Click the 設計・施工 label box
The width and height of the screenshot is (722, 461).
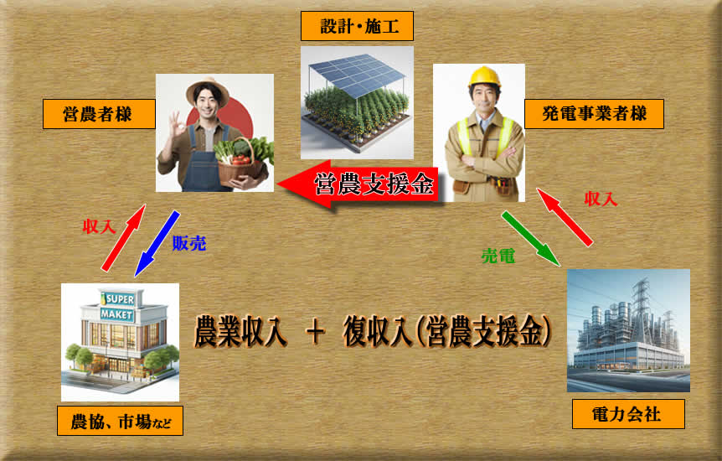(357, 26)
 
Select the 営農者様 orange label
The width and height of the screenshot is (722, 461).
(99, 114)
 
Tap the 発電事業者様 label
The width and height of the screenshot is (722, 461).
(594, 114)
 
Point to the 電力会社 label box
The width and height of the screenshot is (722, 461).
(628, 414)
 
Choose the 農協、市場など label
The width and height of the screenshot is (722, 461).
(120, 421)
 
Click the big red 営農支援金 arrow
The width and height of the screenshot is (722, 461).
(358, 184)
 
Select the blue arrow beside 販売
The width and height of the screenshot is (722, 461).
(157, 243)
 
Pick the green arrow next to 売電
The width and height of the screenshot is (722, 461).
(531, 238)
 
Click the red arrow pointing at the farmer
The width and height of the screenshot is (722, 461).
(123, 238)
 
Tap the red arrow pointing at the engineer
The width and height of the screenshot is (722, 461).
(565, 217)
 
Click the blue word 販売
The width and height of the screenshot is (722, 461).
(189, 243)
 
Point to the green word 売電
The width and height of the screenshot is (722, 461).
(498, 256)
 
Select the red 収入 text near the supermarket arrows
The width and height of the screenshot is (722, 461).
(99, 226)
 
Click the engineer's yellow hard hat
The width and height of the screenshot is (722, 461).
(484, 76)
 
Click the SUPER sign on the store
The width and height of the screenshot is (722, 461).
(119, 300)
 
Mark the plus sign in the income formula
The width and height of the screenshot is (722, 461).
(316, 331)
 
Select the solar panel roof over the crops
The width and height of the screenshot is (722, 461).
(357, 74)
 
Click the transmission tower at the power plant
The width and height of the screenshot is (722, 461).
(641, 304)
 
